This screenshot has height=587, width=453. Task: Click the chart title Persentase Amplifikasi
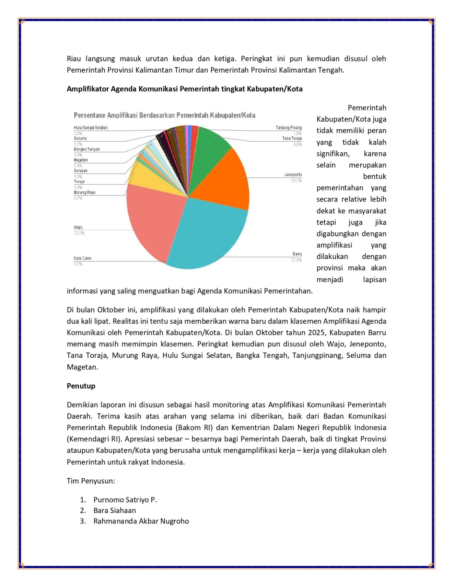click(164, 115)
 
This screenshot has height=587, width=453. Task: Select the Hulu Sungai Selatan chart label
click(91, 128)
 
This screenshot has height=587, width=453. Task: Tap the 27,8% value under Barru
click(296, 260)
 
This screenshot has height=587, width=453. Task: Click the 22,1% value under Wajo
click(79, 233)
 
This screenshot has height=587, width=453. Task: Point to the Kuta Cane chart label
click(82, 258)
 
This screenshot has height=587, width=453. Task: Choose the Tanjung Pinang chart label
click(288, 128)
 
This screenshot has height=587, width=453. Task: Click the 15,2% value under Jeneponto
click(296, 181)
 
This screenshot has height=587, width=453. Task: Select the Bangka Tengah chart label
click(86, 149)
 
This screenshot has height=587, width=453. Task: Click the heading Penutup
click(81, 386)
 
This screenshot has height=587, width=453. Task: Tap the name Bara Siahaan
click(114, 510)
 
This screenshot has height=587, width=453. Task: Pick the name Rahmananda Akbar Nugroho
click(141, 521)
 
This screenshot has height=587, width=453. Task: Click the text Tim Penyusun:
click(91, 481)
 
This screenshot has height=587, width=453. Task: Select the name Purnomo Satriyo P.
click(125, 500)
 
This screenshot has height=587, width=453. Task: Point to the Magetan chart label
click(81, 160)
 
